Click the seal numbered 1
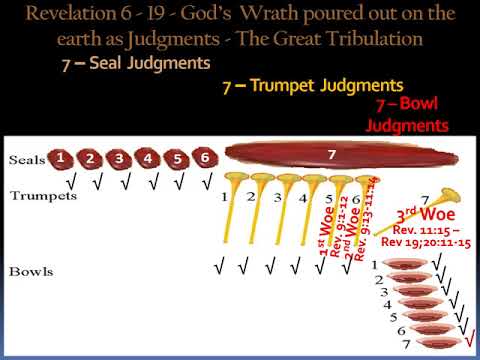click(x=63, y=157)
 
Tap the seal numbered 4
click(x=149, y=158)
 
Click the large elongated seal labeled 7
click(x=331, y=156)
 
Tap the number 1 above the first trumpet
click(x=226, y=198)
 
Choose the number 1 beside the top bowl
click(x=373, y=265)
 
